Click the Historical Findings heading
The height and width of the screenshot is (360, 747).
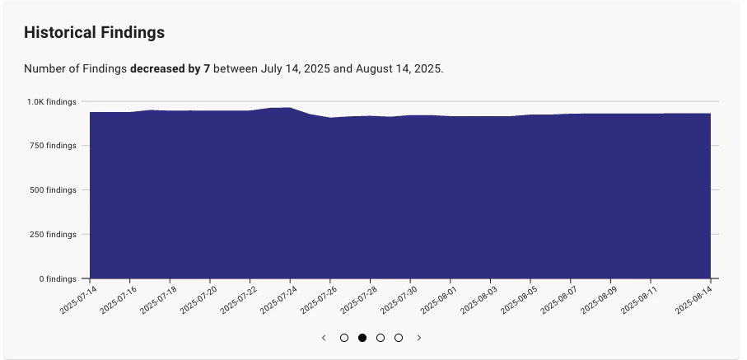94,33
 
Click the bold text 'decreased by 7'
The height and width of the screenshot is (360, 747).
170,69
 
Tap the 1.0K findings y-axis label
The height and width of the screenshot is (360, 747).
51,101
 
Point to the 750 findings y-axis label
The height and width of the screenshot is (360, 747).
51,146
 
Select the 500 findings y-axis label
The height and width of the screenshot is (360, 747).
51,190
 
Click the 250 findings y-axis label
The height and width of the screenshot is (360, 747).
51,235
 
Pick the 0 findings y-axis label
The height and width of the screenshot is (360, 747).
55,279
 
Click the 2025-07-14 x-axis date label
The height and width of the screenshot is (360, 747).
78,299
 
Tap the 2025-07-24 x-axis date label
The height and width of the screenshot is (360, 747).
280,299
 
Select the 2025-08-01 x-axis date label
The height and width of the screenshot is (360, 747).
441,299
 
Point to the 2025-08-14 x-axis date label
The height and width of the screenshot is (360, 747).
693,299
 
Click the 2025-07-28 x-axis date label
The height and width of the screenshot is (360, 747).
361,299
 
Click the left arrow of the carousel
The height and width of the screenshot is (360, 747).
324,338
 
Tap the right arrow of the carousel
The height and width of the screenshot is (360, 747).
419,338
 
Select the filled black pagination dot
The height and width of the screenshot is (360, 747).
362,338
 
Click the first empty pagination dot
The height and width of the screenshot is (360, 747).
344,338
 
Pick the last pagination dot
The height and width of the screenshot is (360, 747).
399,338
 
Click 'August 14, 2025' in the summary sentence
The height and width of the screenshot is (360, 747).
399,69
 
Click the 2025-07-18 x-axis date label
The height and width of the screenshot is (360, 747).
159,299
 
